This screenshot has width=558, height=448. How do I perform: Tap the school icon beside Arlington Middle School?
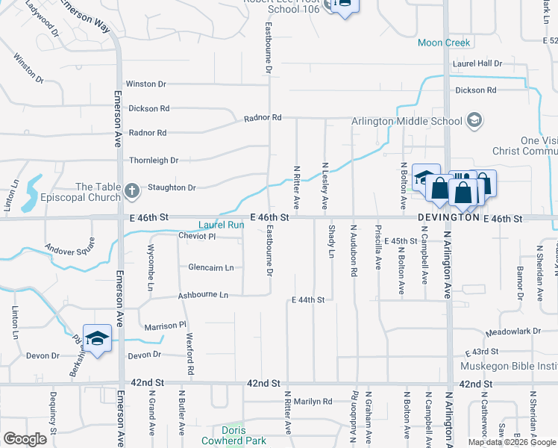click(474, 120)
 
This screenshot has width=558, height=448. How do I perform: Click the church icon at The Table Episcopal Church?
click(131, 192)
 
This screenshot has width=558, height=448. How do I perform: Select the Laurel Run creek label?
click(221, 224)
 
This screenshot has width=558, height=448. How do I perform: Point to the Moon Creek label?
click(444, 43)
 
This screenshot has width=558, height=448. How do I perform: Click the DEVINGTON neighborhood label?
click(448, 218)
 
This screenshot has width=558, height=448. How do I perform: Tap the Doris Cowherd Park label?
click(233, 435)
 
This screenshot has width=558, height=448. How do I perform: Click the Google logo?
click(25, 439)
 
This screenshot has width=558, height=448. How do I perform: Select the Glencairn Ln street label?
click(211, 267)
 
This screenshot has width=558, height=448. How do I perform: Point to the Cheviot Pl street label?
click(197, 237)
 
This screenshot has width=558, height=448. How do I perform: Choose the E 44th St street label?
click(307, 300)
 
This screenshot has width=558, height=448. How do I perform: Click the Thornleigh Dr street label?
click(154, 160)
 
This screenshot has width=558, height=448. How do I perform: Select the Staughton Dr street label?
click(171, 188)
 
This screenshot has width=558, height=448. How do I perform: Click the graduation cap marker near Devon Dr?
click(97, 338)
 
